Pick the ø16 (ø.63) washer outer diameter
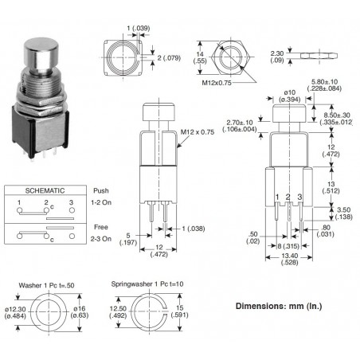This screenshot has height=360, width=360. [80, 315]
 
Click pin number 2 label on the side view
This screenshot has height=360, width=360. [288, 196]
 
